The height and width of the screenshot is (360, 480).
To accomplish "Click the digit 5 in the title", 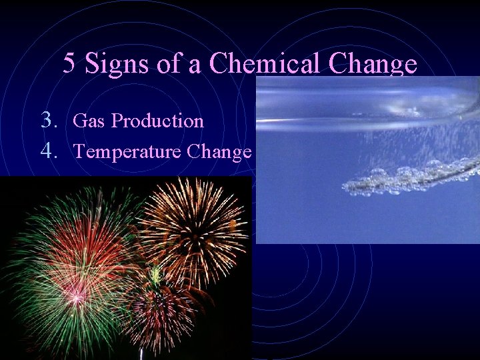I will tap(69, 64).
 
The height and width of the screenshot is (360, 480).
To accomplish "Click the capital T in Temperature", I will tap(79, 152).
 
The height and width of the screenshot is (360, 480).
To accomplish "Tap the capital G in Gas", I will tap(78, 121).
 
